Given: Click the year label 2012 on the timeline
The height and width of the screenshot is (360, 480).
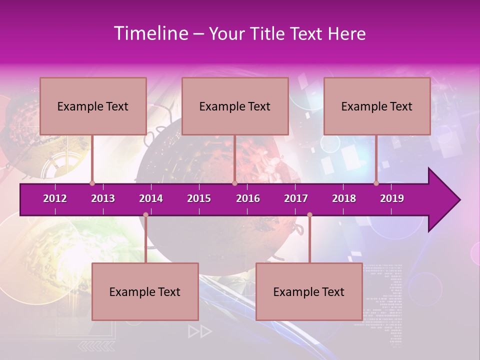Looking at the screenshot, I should point(55,198).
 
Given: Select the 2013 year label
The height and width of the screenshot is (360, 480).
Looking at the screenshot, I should point(103,198).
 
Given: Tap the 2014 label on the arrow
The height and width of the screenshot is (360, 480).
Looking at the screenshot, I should point(151,198).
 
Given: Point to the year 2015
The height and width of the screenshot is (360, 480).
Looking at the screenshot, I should point(199,198).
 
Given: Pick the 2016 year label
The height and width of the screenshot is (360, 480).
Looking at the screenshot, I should point(248,198).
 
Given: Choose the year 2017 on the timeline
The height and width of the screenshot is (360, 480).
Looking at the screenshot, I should point(296,198).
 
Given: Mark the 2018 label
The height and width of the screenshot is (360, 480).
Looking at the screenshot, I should point(344,198).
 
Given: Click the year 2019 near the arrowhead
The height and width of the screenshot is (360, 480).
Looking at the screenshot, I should point(392,198).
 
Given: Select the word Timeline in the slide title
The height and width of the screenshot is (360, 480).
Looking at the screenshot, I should point(150,33).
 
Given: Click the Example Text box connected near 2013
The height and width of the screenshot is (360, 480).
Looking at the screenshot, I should point(93,106).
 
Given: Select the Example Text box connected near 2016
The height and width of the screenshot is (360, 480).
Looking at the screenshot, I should point(235,106).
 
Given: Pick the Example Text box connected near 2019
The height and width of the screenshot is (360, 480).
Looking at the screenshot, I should point(377,106).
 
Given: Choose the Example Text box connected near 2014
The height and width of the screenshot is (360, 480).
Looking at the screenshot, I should point(145,291).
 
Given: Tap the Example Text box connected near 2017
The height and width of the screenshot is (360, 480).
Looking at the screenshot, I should point(309,291).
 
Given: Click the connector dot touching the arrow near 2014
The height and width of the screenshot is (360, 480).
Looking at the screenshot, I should point(145,215).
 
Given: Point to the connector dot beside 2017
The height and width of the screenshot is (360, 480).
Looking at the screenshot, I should point(309,215).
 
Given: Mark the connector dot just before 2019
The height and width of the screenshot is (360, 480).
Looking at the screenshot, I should point(376,183).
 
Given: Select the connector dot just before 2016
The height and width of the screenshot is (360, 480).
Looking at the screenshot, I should point(234,183).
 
